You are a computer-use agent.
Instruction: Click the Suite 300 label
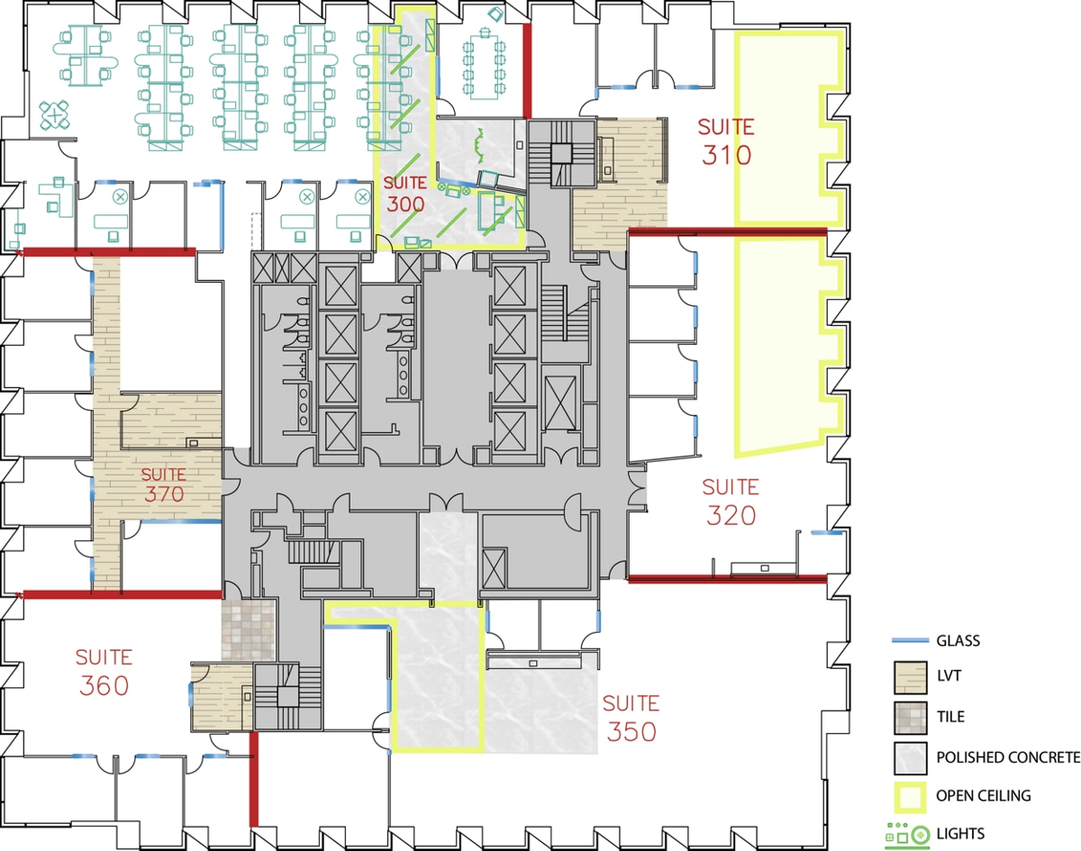[x=405, y=193]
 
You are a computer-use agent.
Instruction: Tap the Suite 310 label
[x=726, y=141]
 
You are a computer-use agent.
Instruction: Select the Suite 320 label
[x=731, y=502]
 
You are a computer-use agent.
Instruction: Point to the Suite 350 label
[x=631, y=718]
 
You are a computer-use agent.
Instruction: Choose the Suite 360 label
[x=104, y=672]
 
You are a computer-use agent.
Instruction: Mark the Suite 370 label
[x=164, y=484]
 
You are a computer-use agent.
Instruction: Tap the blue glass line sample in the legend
[x=909, y=641]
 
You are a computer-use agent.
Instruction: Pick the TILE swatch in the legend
[x=910, y=718]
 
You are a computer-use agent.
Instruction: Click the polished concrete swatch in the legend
[x=910, y=757]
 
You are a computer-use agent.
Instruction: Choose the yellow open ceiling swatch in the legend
[x=910, y=795]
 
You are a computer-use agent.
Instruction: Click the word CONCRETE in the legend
[x=1041, y=757]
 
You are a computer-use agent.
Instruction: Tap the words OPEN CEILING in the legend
[x=984, y=796]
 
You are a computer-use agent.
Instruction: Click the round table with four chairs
[x=56, y=114]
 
